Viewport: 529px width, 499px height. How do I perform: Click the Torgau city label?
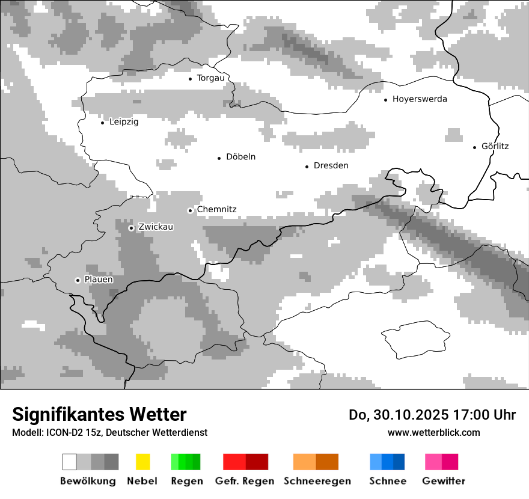(210, 78)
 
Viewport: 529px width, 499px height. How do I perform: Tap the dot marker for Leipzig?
(102, 123)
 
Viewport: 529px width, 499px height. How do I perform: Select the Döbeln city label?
(240, 157)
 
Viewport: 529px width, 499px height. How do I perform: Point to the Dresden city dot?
(307, 167)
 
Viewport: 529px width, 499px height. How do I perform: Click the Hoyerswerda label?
(420, 99)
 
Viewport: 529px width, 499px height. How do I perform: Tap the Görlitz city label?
(495, 146)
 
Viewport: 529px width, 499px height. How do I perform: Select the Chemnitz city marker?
(190, 210)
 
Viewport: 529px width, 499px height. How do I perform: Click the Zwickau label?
(156, 227)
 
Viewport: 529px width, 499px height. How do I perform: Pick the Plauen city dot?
(78, 280)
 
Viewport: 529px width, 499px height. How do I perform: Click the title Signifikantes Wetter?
(99, 415)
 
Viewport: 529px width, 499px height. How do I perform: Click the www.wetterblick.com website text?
(433, 433)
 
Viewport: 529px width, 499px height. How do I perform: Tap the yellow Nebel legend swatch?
(142, 462)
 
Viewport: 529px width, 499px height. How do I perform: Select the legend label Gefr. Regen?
(244, 482)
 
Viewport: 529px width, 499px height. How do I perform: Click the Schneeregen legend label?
(317, 482)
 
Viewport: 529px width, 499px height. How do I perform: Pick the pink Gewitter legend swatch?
(441, 462)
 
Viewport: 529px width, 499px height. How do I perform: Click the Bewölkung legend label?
(88, 482)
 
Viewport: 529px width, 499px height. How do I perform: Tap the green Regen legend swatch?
(186, 462)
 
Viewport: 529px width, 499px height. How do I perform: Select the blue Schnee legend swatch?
(387, 462)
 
